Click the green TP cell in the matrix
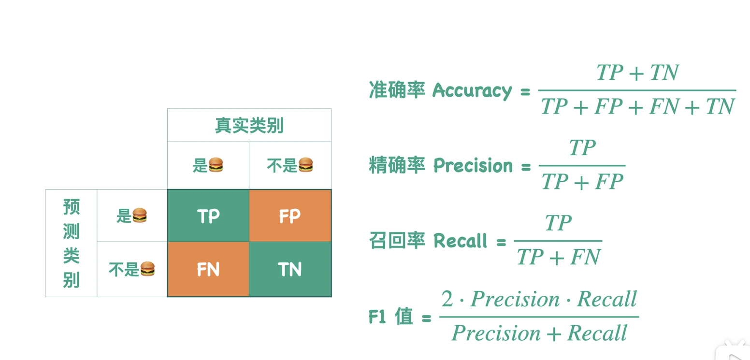[x=208, y=216]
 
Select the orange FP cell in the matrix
[x=290, y=216]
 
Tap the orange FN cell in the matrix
[x=208, y=269]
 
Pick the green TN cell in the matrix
[x=290, y=269]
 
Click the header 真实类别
[x=249, y=126]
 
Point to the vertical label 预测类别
[x=71, y=243]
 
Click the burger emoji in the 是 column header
[x=216, y=165]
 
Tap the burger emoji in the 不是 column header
[x=305, y=165]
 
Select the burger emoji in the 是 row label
[x=139, y=216]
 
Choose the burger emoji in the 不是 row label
[x=147, y=269]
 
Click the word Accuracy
[x=472, y=90]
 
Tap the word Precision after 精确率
[x=473, y=166]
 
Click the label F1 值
[x=390, y=317]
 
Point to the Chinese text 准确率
[x=396, y=90]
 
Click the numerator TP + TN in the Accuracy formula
[x=637, y=73]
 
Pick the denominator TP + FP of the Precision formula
[x=582, y=182]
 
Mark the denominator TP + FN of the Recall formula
[x=558, y=257]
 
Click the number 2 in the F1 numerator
[x=447, y=300]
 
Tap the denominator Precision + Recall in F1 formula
[x=539, y=332]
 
